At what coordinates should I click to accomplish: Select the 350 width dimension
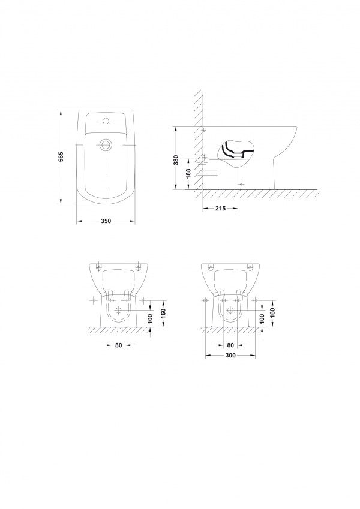(106, 221)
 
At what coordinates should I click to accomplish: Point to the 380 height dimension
(176, 160)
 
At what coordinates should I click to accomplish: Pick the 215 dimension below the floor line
(220, 209)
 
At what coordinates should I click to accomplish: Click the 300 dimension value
(230, 356)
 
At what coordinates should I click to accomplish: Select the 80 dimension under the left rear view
(119, 345)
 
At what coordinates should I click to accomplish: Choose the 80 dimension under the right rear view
(230, 345)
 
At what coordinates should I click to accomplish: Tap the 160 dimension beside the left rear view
(163, 313)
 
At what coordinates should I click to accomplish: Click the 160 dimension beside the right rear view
(272, 313)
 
